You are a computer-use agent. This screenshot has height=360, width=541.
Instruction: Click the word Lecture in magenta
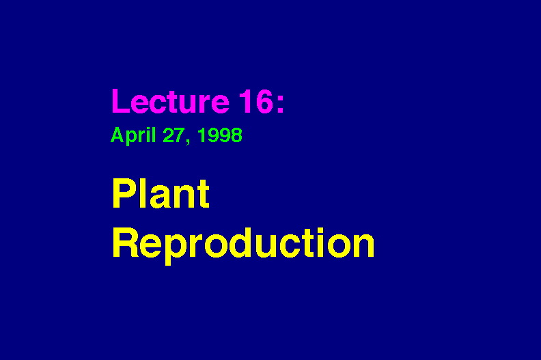pos(171,101)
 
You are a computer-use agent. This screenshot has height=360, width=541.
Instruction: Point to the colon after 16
pos(280,104)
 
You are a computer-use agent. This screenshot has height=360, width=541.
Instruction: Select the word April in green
pos(133,136)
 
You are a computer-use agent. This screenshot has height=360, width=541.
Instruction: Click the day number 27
pos(174,135)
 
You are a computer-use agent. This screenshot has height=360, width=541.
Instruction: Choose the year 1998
pos(220,135)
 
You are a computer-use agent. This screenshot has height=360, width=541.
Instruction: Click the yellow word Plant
pos(161,193)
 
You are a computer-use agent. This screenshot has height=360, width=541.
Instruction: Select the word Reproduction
pos(243,243)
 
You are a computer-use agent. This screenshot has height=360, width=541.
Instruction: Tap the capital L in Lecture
pos(120,101)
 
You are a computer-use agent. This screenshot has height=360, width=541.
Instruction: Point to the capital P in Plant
pos(124,193)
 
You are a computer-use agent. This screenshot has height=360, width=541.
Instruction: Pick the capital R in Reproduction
pos(125,243)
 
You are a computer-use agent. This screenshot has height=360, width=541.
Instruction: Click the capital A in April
pos(117,135)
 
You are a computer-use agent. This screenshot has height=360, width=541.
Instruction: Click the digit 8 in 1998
pos(237,135)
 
